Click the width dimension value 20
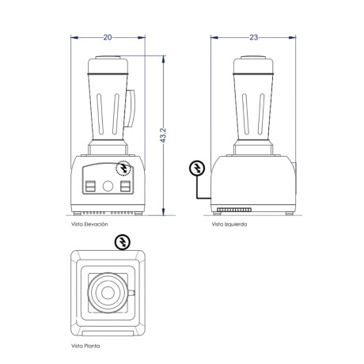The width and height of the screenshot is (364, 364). [x=108, y=37]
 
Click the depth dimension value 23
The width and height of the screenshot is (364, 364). [x=253, y=37]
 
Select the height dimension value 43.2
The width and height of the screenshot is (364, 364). [x=163, y=135]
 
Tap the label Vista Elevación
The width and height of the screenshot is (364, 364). [x=89, y=224]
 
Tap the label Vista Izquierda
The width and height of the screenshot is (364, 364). [x=229, y=224]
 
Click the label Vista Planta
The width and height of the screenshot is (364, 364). [x=85, y=346]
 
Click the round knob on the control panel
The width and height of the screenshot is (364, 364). [x=108, y=186]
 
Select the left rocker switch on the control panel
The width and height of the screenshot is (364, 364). [x=90, y=186]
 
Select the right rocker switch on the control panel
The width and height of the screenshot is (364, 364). [x=126, y=186]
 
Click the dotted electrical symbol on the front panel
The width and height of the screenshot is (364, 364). [x=123, y=168]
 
